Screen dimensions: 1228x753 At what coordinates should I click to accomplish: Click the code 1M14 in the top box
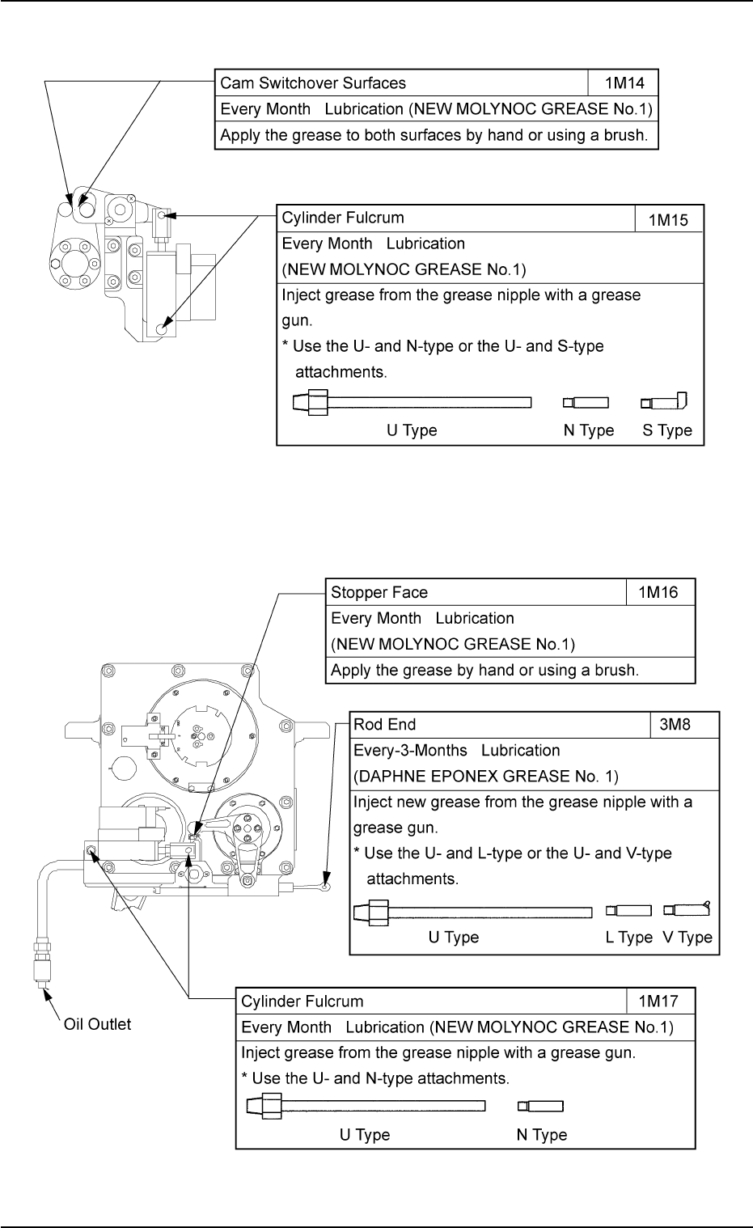(x=623, y=83)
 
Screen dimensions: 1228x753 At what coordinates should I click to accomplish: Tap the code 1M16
(x=659, y=592)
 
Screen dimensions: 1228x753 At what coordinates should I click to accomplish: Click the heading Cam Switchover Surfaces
(x=313, y=83)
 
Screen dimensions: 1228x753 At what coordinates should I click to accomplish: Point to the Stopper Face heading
(x=379, y=592)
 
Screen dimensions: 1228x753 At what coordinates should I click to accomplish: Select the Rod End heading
(x=385, y=725)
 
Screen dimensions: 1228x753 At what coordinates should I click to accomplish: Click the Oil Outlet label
(x=97, y=1024)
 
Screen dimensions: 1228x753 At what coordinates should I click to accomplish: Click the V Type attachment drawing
(x=687, y=910)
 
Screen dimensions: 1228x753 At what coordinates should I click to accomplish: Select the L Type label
(x=629, y=938)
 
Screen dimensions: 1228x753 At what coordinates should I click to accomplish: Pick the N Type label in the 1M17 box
(x=542, y=1135)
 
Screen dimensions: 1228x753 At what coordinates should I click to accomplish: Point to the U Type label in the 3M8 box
(x=454, y=938)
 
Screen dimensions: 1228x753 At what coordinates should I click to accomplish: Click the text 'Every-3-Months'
(x=410, y=751)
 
